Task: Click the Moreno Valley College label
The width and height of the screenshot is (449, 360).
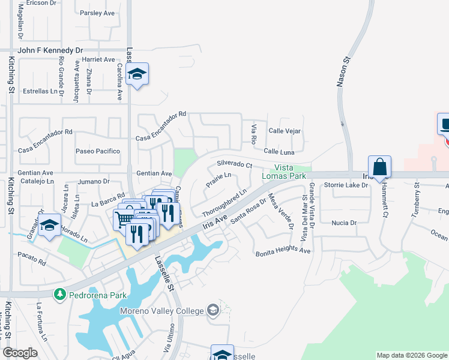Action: coord(162,310)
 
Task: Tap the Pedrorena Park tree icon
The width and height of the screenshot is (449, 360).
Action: coord(59,294)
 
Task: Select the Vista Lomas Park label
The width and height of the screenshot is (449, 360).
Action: coord(290,171)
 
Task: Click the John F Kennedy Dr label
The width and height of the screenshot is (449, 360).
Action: coord(50,50)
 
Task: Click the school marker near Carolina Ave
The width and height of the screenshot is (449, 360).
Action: coord(137,74)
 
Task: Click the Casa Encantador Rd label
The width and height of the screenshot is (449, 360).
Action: coord(45,132)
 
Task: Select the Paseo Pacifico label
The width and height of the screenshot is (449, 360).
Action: coord(98,151)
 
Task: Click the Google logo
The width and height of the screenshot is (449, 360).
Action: coord(20,353)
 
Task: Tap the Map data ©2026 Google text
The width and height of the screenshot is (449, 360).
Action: coord(411,355)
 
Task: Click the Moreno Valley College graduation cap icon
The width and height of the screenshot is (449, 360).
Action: coord(212,310)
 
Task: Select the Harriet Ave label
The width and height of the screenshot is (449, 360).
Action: coord(99,60)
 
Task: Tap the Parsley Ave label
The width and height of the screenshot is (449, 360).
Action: coord(97,13)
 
